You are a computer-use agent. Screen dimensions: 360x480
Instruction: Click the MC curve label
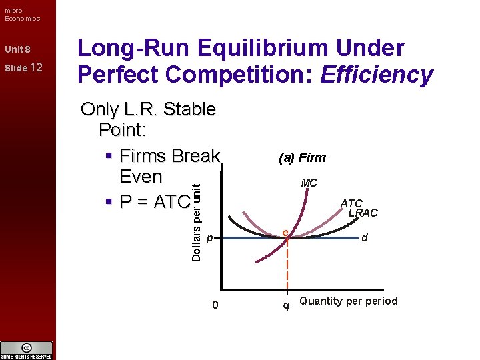pos(309,183)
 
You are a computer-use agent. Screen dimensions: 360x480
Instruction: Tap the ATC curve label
pos(351,203)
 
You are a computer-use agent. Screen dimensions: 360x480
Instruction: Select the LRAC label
pos(363,213)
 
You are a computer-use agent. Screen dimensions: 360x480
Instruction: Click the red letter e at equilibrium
pos(285,233)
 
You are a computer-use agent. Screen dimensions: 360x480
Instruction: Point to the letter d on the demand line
pos(365,237)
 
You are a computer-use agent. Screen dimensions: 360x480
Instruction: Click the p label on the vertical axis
pos(209,238)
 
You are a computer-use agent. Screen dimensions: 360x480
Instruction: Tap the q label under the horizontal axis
pos(286,306)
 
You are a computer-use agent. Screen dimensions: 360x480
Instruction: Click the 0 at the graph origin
pos(214,305)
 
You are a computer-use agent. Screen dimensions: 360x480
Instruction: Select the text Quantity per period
pos(348,301)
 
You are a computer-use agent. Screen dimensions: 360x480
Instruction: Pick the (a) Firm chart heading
pos(302,158)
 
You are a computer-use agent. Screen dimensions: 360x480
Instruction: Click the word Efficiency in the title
pos(377,75)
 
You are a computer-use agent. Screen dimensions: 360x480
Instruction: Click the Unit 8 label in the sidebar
pos(17,50)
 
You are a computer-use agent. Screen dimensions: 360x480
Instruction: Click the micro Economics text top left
pos(21,14)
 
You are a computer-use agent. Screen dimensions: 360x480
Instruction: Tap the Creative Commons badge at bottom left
pos(27,350)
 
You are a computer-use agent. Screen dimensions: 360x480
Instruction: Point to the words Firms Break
pos(169,156)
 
